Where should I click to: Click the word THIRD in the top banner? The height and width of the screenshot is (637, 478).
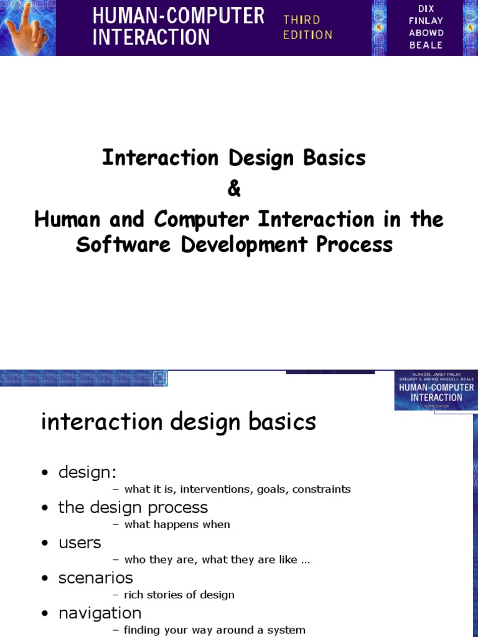pos(301,20)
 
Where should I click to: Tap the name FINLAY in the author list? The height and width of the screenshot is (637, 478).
pos(426,21)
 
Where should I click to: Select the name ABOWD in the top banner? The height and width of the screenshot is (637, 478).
pos(426,33)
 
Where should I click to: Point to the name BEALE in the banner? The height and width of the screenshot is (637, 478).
pos(426,45)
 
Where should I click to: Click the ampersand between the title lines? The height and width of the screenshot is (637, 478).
pos(234,189)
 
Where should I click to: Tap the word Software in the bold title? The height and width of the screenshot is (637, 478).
pos(125,245)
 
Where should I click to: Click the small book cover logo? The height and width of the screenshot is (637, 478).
pos(435,391)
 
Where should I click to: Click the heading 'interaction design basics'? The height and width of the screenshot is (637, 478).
pos(179,422)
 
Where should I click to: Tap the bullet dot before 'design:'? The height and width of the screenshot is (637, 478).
pos(45,473)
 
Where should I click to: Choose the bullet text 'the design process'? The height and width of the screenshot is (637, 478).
pos(133,508)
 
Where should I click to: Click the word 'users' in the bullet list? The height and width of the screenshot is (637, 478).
pos(80,543)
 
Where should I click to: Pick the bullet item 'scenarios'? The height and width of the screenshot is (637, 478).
pos(95,578)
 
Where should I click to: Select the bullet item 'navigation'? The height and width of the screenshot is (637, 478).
pos(100,613)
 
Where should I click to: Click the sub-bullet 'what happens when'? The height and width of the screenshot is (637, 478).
pos(177,524)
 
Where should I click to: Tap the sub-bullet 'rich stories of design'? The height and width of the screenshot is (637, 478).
pos(179,595)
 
